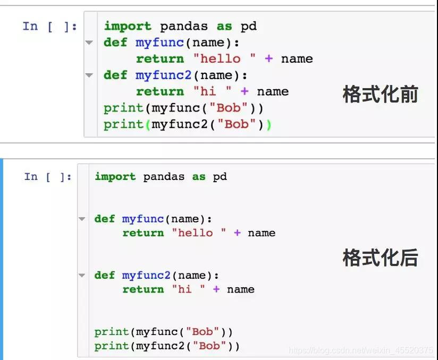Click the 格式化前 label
click(x=380, y=95)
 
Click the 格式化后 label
click(x=380, y=258)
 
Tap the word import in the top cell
click(x=128, y=26)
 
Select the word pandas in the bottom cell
click(x=164, y=176)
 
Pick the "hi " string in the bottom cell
click(x=189, y=289)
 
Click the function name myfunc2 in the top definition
click(x=163, y=75)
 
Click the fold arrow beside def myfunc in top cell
click(x=89, y=42)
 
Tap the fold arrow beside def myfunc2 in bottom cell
click(x=81, y=275)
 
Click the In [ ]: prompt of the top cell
click(x=50, y=26)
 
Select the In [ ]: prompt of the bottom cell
click(x=48, y=177)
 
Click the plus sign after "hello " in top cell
click(x=268, y=59)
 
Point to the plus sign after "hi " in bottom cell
click(x=216, y=289)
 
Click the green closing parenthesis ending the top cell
click(x=268, y=124)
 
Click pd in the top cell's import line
click(x=249, y=26)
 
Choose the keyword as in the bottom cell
click(x=199, y=176)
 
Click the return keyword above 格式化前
click(x=159, y=91)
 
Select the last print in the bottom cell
click(x=112, y=346)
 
